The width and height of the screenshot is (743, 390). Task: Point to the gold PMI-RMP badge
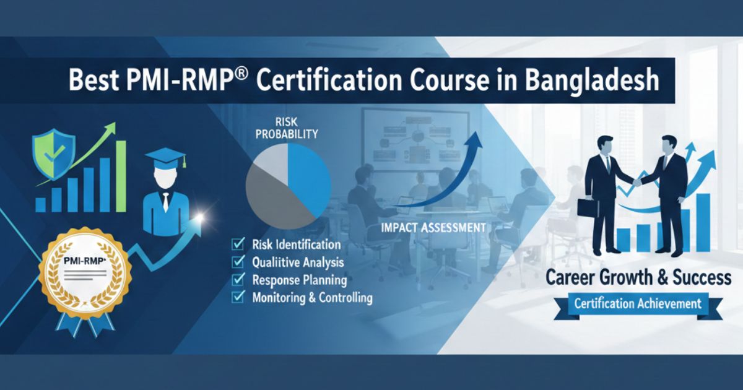click(85, 272)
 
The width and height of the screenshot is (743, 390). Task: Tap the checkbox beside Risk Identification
click(237, 245)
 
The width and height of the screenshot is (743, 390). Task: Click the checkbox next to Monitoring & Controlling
click(237, 298)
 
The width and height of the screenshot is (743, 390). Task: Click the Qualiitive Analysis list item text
click(298, 262)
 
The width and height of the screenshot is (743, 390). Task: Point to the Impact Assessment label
click(433, 228)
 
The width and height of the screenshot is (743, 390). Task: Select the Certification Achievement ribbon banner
click(638, 304)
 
